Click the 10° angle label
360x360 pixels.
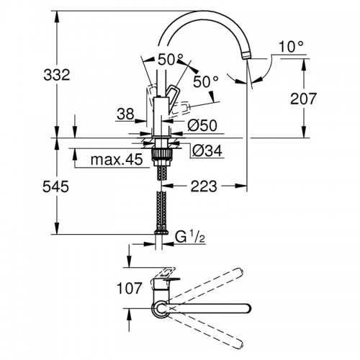[286, 48]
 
